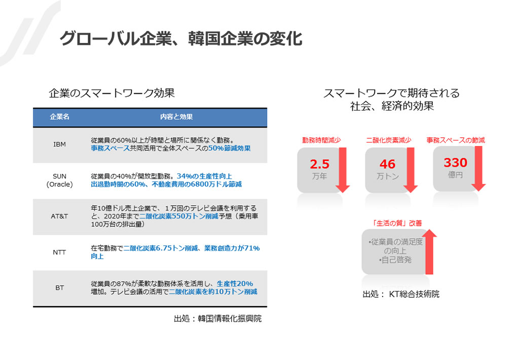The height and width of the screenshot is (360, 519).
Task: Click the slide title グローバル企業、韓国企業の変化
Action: pyautogui.click(x=181, y=39)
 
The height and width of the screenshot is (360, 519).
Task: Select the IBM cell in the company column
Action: pyautogui.click(x=60, y=145)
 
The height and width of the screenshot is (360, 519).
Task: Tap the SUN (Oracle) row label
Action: pyautogui.click(x=60, y=180)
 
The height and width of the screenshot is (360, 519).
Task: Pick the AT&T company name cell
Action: pyautogui.click(x=60, y=217)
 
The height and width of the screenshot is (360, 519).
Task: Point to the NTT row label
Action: pyautogui.click(x=60, y=253)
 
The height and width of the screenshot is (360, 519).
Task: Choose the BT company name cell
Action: pyautogui.click(x=60, y=288)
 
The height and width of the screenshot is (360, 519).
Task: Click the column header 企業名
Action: pyautogui.click(x=60, y=117)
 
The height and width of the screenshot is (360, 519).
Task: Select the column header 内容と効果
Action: pyautogui.click(x=176, y=117)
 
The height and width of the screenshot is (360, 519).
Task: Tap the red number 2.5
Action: pyautogui.click(x=320, y=164)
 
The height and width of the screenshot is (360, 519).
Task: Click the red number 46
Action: pyautogui.click(x=388, y=164)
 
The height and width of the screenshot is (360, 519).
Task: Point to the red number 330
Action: pyautogui.click(x=456, y=163)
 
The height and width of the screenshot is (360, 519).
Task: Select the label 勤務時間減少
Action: pyautogui.click(x=321, y=140)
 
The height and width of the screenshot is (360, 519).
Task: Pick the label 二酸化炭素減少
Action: pyautogui.click(x=389, y=140)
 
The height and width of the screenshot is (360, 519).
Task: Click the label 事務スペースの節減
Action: pyautogui.click(x=456, y=140)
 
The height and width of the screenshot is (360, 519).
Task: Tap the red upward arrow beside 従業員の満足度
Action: pyautogui.click(x=429, y=251)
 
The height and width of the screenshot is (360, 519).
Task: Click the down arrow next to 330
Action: pyautogui.click(x=478, y=168)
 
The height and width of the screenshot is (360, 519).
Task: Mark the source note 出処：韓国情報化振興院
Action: pyautogui.click(x=218, y=318)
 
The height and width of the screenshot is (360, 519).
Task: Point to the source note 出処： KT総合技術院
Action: pyautogui.click(x=401, y=294)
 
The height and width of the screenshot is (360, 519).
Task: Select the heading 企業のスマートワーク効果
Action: pyautogui.click(x=112, y=93)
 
